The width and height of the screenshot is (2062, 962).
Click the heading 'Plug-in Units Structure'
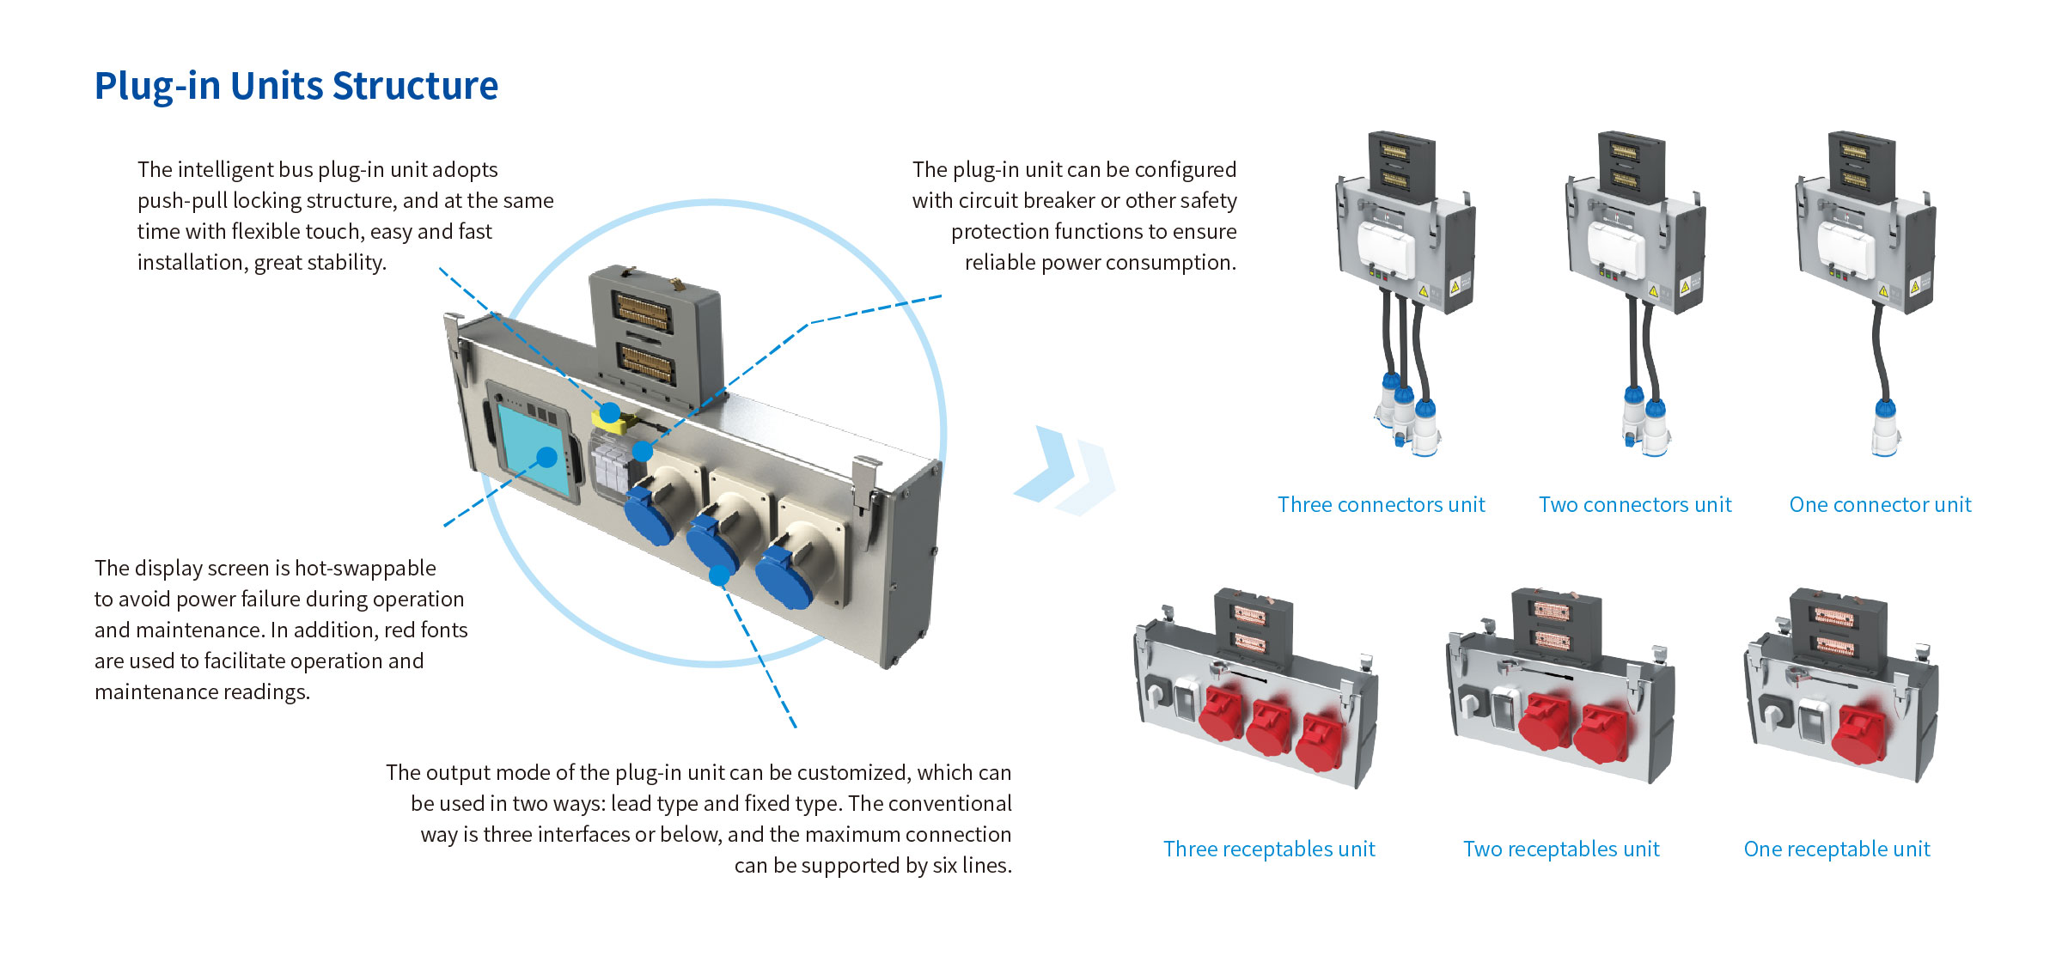point(296,86)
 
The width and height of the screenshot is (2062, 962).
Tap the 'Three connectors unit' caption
point(1381,504)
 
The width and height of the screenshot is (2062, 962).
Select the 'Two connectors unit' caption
point(1634,504)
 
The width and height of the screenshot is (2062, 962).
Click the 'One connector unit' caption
point(1880,504)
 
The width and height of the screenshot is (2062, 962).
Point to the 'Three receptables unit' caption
point(1269,849)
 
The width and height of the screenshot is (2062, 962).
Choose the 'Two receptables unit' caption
point(1561,849)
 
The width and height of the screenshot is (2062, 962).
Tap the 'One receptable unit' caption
point(1836,849)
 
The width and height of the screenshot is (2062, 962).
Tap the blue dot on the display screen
point(546,457)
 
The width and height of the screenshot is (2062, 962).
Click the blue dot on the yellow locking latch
point(610,412)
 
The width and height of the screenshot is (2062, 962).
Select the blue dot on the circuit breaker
point(643,450)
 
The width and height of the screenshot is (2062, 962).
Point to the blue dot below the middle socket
point(719,575)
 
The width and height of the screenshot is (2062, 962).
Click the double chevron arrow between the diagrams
point(1065,471)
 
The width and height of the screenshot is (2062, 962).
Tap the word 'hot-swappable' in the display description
point(365,568)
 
